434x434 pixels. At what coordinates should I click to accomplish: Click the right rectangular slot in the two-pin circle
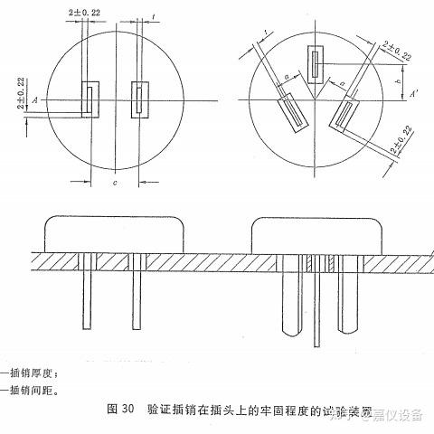click(139, 99)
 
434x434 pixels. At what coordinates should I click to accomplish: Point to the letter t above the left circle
click(155, 16)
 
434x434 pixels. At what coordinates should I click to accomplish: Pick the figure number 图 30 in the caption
click(121, 410)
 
